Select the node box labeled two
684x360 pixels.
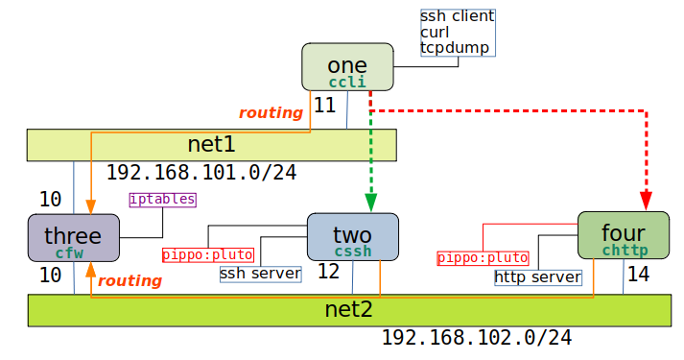[352, 237]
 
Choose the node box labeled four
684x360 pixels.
[623, 235]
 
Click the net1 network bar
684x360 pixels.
[211, 145]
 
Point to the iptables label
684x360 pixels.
[162, 200]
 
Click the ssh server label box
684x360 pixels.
[260, 274]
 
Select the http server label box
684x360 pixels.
[538, 277]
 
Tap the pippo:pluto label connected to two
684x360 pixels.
[208, 255]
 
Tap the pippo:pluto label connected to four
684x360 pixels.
[483, 258]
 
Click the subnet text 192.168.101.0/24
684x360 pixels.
[200, 173]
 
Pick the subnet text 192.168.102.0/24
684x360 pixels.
[476, 338]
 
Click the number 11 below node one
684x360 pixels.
[324, 105]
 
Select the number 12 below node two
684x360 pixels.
[328, 273]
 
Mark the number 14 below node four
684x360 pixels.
[638, 275]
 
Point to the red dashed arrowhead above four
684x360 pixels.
[647, 199]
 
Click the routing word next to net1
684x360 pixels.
[271, 113]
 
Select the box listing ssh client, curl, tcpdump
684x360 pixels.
[457, 32]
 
